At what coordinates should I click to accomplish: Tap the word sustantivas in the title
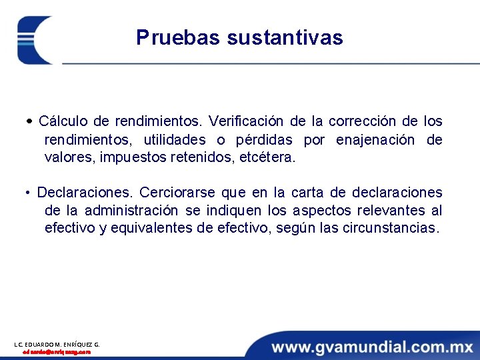pos(285,37)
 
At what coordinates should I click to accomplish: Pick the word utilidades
pos(175,140)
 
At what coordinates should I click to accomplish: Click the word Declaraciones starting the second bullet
pos(85,193)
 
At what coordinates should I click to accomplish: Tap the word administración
pos(131,211)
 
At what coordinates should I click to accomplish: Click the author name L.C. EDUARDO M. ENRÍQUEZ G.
pos(57,345)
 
